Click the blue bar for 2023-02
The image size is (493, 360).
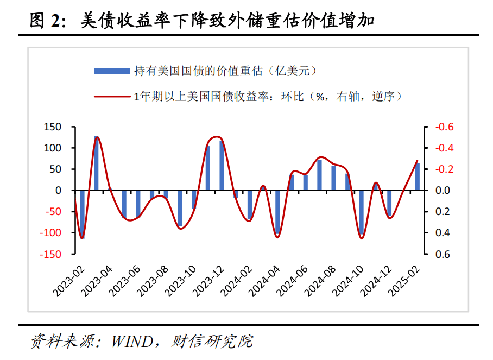click(x=83, y=214)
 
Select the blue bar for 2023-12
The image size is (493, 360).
click(x=222, y=166)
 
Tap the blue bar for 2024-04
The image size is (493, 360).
click(x=277, y=212)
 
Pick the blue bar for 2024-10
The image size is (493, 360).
click(x=361, y=212)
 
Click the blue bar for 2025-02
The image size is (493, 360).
click(x=417, y=177)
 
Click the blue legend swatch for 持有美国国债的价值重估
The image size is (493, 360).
click(x=112, y=71)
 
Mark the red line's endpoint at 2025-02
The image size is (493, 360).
click(x=418, y=161)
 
